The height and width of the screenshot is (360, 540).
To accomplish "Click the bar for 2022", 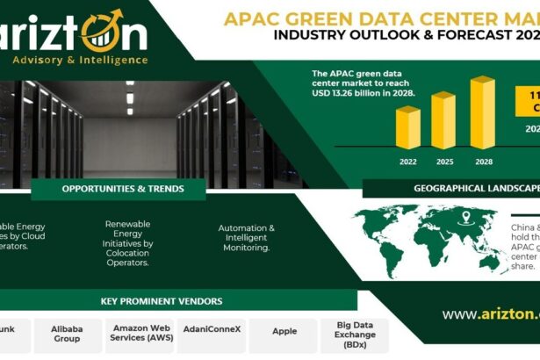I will [x=407, y=127].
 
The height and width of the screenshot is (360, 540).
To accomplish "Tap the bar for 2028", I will [x=481, y=112].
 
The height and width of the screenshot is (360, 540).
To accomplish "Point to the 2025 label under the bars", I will [x=444, y=162].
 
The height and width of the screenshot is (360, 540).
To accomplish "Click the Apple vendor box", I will [x=284, y=332].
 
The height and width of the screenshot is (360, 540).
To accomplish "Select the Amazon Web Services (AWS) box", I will [x=141, y=332].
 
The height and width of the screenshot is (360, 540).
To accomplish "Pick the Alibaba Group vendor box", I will [x=66, y=332].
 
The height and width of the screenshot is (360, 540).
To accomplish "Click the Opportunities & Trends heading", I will [x=123, y=189].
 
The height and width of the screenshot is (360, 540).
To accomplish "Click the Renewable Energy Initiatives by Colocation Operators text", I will [x=128, y=243].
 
